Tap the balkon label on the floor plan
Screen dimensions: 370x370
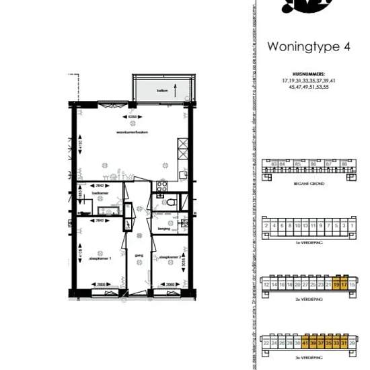coord(162,89)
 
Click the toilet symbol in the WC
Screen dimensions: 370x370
coord(172,201)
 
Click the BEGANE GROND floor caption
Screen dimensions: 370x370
coord(309,182)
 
